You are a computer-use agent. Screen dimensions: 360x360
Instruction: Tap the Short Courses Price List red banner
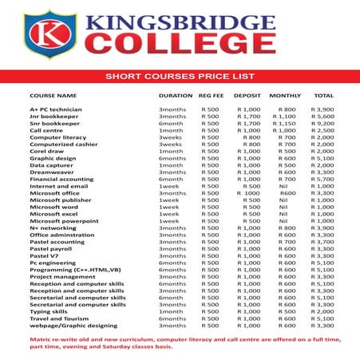coord(180,77)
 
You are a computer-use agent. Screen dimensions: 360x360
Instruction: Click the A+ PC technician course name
coord(55,109)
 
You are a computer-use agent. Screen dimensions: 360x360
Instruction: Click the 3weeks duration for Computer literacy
coord(170,136)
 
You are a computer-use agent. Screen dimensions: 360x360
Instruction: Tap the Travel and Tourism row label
coord(59,318)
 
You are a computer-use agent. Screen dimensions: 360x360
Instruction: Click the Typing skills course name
coord(49,311)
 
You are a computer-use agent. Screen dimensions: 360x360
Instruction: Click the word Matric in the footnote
coord(41,339)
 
